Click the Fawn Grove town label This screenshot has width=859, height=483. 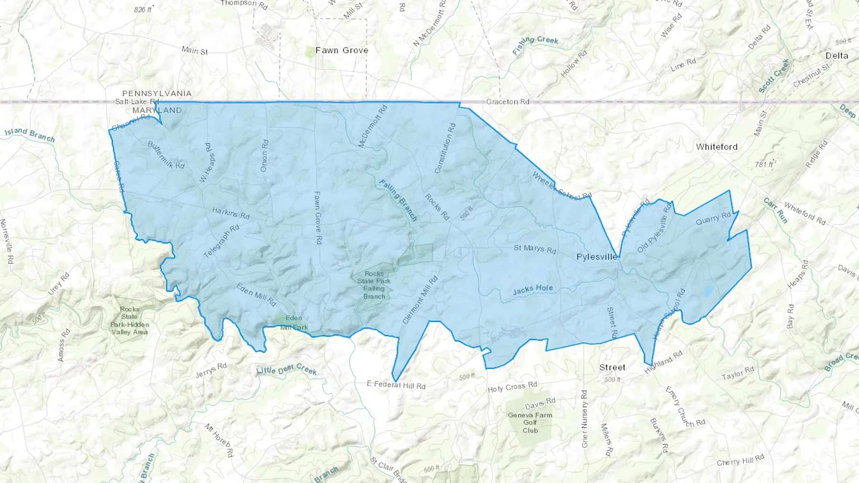342,50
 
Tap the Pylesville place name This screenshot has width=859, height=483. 597,257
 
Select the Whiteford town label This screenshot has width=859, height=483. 716,147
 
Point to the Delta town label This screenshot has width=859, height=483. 837,56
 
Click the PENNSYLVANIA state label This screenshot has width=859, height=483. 157,93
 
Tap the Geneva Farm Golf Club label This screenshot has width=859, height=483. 530,422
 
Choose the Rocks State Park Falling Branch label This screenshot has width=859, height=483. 374,285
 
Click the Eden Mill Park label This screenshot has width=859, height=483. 293,322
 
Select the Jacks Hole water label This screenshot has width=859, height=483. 533,289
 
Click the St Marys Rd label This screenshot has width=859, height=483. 534,248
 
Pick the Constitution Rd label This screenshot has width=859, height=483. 445,148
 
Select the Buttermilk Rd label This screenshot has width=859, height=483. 166,155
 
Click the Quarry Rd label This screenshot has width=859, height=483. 713,218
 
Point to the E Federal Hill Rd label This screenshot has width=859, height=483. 396,385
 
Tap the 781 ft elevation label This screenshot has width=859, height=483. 764,164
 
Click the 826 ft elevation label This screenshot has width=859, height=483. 143,10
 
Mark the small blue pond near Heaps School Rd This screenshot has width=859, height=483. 708,291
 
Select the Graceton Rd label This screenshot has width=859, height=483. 508,102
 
